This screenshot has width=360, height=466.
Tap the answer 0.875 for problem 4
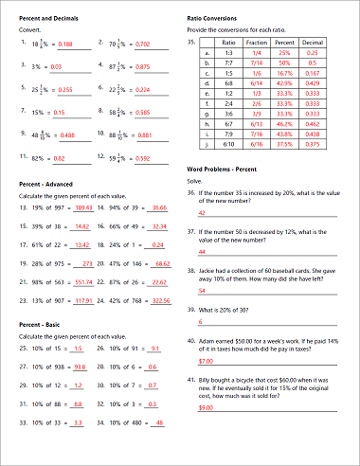(141, 67)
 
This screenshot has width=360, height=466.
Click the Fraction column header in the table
(257, 44)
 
